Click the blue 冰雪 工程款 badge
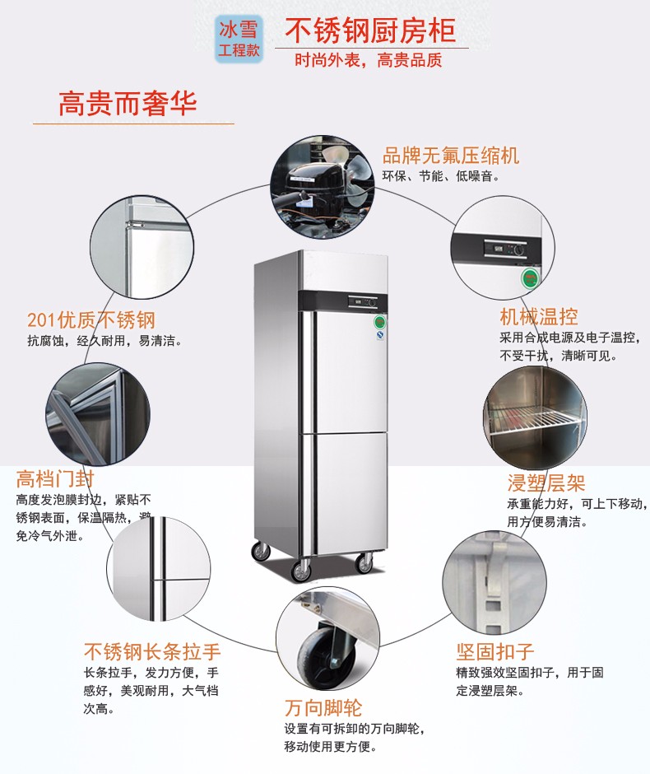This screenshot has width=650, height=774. coord(238,39)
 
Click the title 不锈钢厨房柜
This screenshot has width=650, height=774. coord(370,30)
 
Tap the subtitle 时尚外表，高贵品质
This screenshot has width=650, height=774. coord(369,60)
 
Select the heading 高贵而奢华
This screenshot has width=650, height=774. coord(128,104)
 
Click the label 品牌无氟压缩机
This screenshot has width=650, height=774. coord(451,156)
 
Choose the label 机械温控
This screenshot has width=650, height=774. coord(539,316)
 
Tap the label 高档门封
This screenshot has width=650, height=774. coord(56,478)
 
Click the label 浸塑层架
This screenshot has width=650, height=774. coord(546,483)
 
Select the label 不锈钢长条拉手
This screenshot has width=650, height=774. coord(152,652)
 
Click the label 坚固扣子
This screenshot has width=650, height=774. coord(495,652)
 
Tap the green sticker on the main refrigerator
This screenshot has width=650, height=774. coord(380,322)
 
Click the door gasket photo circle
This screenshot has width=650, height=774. coord(98,415)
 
